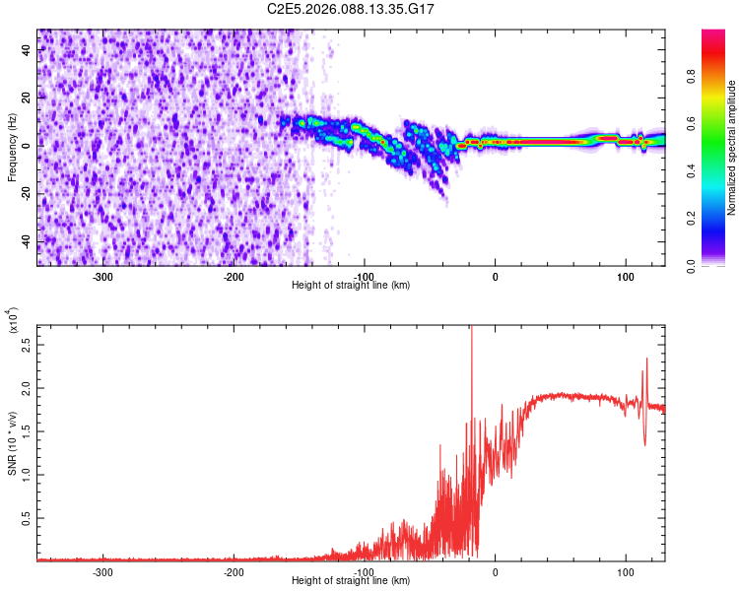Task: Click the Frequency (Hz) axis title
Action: pos(12,148)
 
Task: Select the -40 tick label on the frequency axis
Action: pos(27,241)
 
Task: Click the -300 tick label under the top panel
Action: pos(102,277)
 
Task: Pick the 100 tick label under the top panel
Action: pos(625,277)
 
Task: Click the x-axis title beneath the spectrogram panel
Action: pos(351,286)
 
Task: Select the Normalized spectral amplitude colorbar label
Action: pos(732,148)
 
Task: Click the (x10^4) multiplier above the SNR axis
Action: pos(12,321)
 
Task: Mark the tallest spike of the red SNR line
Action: pos(471,329)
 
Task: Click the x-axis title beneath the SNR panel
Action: pos(351,581)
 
